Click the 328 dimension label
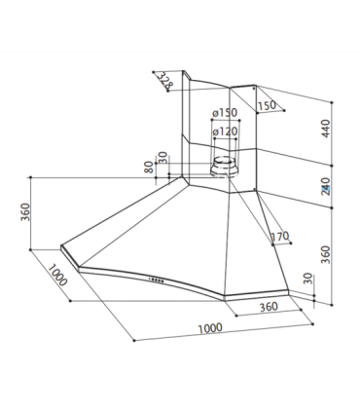click(165, 81)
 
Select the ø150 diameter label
click(225, 113)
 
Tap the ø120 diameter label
click(225, 131)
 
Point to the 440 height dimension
click(325, 129)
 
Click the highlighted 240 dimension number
click(325, 186)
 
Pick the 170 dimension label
click(280, 237)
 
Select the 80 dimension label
click(149, 168)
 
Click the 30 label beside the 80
click(162, 158)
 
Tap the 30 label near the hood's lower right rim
click(308, 279)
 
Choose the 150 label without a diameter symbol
click(267, 105)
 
